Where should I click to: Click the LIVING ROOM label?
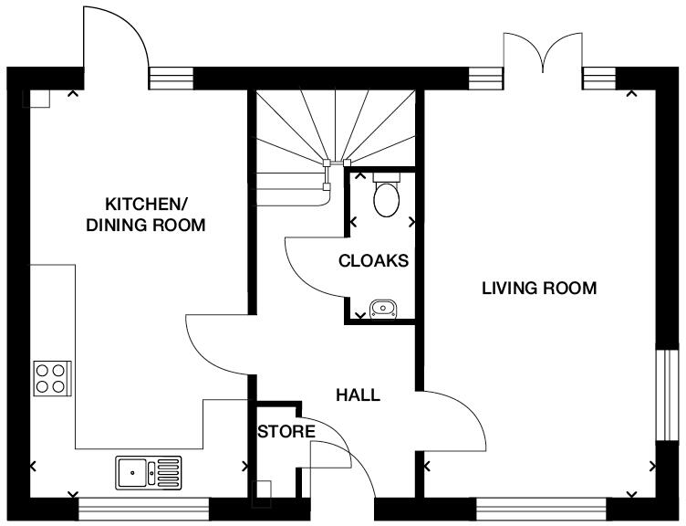(539, 289)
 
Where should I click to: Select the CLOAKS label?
(373, 261)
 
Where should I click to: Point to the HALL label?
(359, 395)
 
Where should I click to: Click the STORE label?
(285, 431)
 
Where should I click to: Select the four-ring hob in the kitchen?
(50, 378)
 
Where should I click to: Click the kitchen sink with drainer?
(148, 472)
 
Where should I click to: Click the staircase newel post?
(327, 166)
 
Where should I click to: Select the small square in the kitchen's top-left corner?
(39, 99)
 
